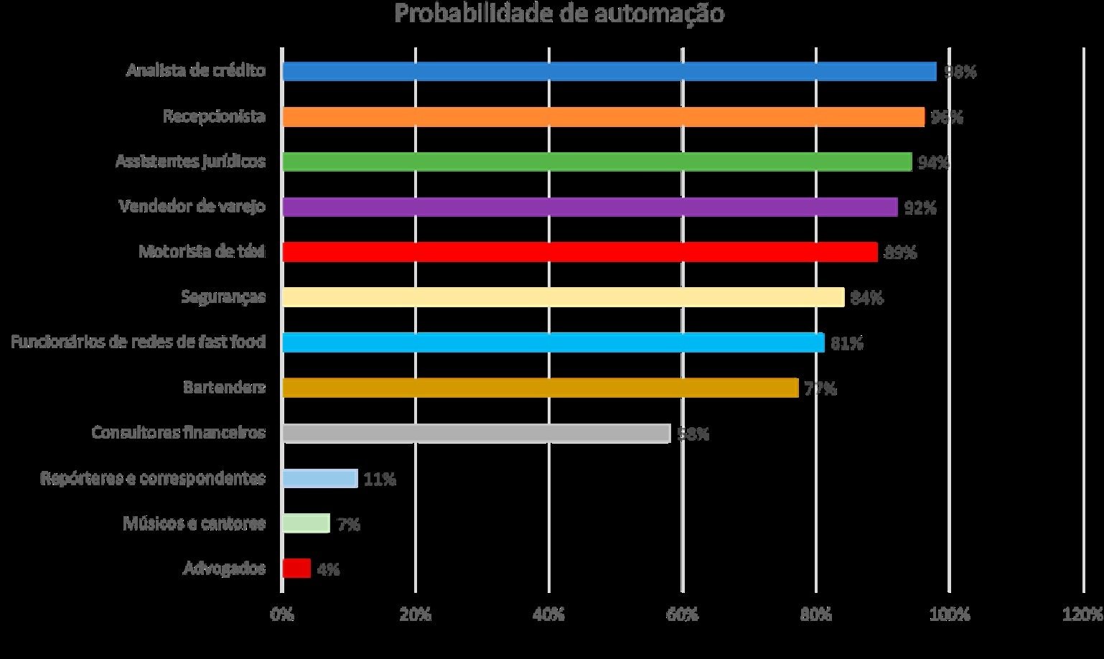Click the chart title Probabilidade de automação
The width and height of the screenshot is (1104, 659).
(x=559, y=14)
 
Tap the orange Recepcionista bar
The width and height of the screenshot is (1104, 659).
(x=603, y=117)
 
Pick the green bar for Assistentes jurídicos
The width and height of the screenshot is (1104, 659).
(x=597, y=162)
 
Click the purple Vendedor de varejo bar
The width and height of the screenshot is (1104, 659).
(x=589, y=207)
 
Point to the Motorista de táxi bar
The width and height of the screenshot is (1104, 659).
(x=579, y=252)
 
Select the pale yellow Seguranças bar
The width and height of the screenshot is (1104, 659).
(x=563, y=297)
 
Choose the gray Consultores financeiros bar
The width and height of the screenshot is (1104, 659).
(x=476, y=433)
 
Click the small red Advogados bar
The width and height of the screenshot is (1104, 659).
(x=296, y=569)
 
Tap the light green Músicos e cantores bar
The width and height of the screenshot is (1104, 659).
(x=306, y=523)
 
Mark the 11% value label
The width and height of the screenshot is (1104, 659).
(x=380, y=479)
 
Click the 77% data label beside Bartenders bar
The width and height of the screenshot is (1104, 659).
(x=820, y=388)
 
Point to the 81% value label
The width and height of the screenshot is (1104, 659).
(x=847, y=343)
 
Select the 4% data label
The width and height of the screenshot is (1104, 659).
(x=328, y=569)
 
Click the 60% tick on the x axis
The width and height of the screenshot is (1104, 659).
(x=683, y=614)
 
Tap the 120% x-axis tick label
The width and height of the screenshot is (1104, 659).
(x=1082, y=614)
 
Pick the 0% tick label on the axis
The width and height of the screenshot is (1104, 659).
(x=281, y=614)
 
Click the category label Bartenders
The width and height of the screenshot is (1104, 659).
(x=224, y=388)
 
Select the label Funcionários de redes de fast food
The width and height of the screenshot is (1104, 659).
(x=138, y=342)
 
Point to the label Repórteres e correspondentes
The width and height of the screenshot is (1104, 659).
(x=152, y=478)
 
